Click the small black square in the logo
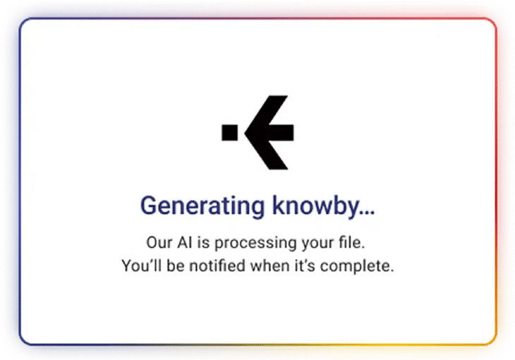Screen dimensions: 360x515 pyautogui.click(x=229, y=132)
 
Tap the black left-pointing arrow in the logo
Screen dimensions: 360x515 pyautogui.click(x=270, y=132)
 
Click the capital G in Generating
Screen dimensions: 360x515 pyautogui.click(x=148, y=205)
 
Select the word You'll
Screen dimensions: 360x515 pyautogui.click(x=140, y=267)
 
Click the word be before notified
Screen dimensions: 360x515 pyautogui.click(x=172, y=267)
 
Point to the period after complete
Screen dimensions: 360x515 pyautogui.click(x=390, y=271)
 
